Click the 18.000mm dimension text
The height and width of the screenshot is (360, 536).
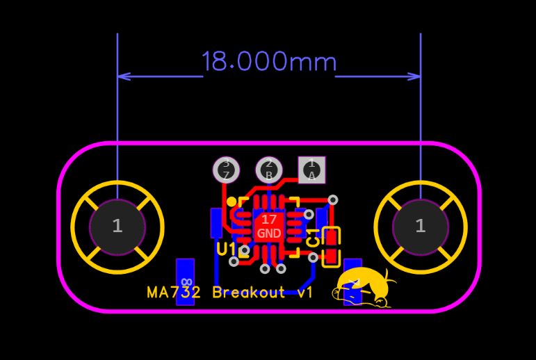pos(268,63)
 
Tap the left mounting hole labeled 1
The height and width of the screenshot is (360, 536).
pos(117,227)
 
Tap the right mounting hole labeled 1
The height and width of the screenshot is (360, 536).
pos(420,227)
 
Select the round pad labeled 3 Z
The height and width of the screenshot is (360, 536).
pos(226,170)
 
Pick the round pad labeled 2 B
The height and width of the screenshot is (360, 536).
pos(269,170)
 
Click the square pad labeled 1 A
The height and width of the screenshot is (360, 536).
pos(311,170)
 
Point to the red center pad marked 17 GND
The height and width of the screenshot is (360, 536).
pos(269,227)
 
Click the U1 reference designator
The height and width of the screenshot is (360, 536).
pos(227,249)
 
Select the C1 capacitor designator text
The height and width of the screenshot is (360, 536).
pos(314,238)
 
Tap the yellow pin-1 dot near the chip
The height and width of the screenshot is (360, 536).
pos(232,202)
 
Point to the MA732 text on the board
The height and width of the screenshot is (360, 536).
pos(174,293)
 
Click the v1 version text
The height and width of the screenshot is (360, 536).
pos(304,293)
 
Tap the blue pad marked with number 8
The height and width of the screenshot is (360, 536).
pos(185,281)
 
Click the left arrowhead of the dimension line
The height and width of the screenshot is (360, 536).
pos(122,76)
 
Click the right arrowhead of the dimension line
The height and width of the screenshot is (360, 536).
pos(416,76)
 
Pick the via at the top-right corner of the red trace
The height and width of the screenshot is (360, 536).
pos(333,200)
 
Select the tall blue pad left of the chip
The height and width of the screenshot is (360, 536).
pos(216,222)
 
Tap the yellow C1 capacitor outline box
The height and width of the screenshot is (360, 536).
pos(332,247)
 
